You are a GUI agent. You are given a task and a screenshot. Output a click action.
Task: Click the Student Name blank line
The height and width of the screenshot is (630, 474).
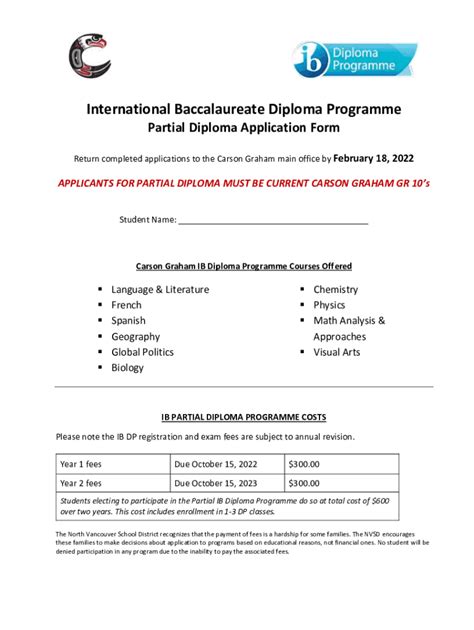(x=273, y=219)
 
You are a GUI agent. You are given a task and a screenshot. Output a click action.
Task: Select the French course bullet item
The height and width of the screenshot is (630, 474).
(x=127, y=305)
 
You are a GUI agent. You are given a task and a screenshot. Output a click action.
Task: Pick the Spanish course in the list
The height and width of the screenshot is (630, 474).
(x=129, y=321)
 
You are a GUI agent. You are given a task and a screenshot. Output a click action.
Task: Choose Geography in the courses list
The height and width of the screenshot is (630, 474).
(x=136, y=337)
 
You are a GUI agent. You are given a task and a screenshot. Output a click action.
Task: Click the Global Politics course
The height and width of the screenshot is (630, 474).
(x=143, y=352)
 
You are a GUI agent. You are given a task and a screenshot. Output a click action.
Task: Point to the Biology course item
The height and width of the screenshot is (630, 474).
(x=128, y=368)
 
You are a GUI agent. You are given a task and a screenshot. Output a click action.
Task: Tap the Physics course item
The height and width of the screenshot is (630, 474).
(x=329, y=305)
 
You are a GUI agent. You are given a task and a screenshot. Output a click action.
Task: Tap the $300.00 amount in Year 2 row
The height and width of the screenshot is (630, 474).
(x=305, y=483)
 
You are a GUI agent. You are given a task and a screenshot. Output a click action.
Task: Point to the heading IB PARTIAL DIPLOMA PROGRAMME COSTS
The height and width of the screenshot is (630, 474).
(x=243, y=417)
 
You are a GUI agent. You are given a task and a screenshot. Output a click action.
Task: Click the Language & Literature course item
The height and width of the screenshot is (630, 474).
(x=160, y=290)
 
